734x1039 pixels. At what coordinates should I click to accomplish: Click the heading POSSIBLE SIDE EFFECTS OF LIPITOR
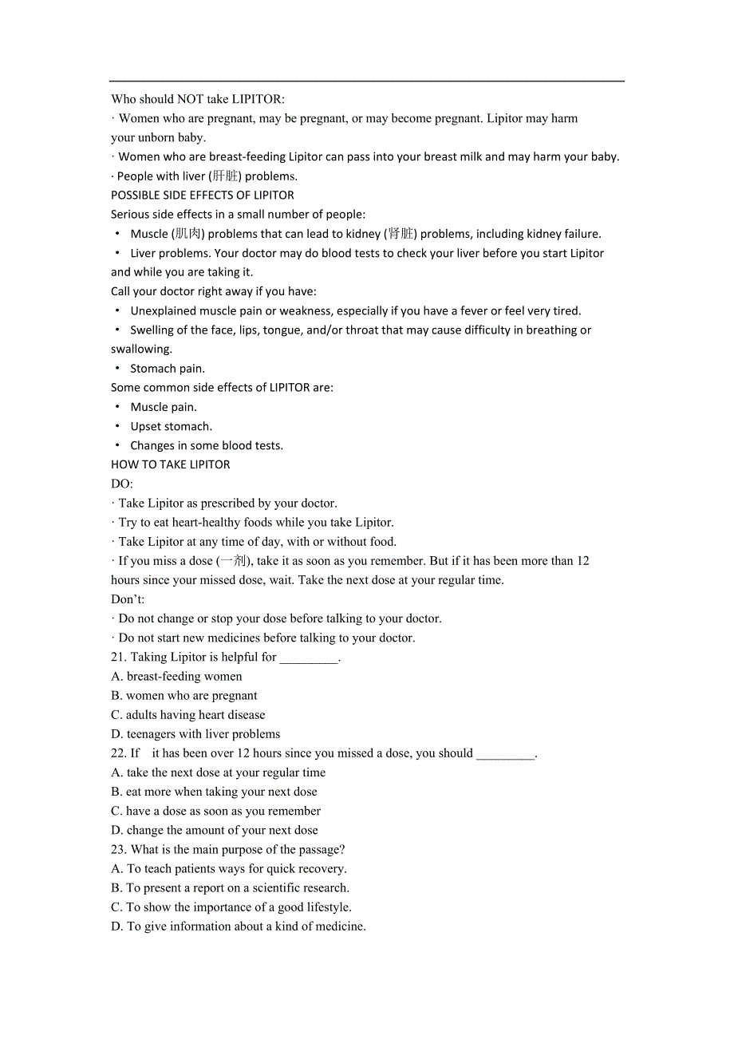pyautogui.click(x=202, y=196)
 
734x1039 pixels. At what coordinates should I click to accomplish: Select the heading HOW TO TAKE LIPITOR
pyautogui.click(x=170, y=464)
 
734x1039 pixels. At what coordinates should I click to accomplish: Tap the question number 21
pyautogui.click(x=119, y=658)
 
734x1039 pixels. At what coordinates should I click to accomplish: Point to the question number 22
pyautogui.click(x=119, y=753)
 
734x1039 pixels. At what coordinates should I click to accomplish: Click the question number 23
pyautogui.click(x=119, y=850)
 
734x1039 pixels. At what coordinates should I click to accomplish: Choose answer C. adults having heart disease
pyautogui.click(x=188, y=715)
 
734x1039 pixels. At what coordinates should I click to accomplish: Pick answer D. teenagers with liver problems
pyautogui.click(x=195, y=734)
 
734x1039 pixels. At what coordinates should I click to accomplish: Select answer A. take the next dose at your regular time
pyautogui.click(x=218, y=772)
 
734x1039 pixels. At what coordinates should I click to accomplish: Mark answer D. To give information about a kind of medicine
pyautogui.click(x=238, y=926)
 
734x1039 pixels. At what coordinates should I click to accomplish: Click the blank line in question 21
pyautogui.click(x=309, y=659)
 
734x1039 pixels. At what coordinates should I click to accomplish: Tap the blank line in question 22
pyautogui.click(x=505, y=755)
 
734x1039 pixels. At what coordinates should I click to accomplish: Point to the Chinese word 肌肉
pyautogui.click(x=189, y=234)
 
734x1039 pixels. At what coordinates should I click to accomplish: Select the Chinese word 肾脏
pyautogui.click(x=401, y=234)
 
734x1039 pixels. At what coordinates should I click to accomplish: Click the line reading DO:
pyautogui.click(x=122, y=484)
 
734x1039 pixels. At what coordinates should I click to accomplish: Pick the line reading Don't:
pyautogui.click(x=128, y=599)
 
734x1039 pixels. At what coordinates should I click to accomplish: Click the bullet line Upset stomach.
pyautogui.click(x=171, y=426)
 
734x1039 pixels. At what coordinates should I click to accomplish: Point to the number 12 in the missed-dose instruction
pyautogui.click(x=582, y=561)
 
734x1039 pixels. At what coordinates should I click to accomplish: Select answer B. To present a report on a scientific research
pyautogui.click(x=230, y=888)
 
